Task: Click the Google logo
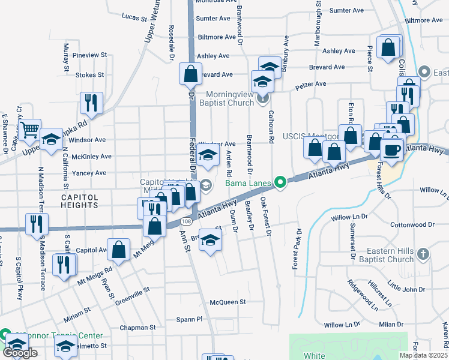[x=20, y=353]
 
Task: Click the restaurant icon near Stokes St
[x=91, y=103]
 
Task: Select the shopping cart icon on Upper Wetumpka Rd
[x=29, y=128]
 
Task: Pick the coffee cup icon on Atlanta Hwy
[x=392, y=149]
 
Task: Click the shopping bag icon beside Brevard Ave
[x=190, y=74]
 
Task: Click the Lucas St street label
[x=134, y=18]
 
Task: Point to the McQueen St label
[x=228, y=302]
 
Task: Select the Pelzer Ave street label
[x=310, y=85]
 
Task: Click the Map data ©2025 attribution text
[x=424, y=355]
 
